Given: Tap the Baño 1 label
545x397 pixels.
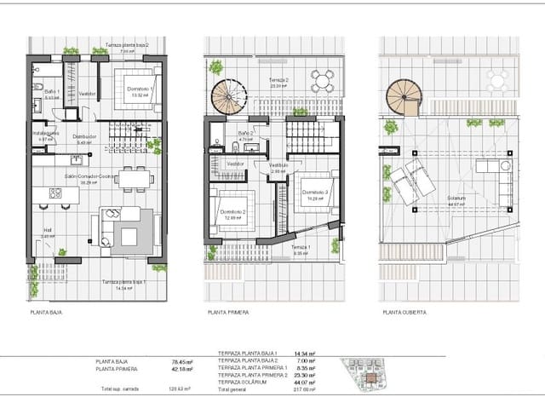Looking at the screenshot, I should click(51, 91).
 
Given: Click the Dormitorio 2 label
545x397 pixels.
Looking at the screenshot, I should click(232, 212).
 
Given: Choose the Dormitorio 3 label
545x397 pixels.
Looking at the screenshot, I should click(314, 193).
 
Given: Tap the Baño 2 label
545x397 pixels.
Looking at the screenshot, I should click(247, 134).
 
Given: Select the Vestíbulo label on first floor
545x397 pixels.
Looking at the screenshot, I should click(278, 165).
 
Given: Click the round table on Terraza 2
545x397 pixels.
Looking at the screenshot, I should click(322, 82).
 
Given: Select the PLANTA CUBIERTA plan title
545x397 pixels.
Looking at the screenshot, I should click(404, 313).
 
